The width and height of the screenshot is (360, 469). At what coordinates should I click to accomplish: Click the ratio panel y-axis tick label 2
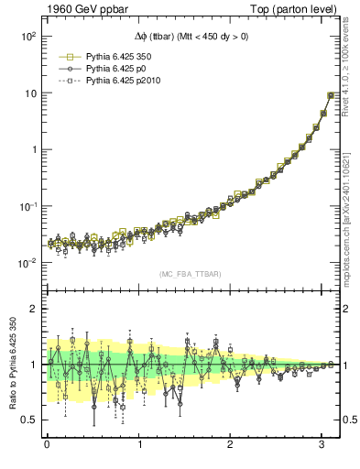point(33,309)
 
